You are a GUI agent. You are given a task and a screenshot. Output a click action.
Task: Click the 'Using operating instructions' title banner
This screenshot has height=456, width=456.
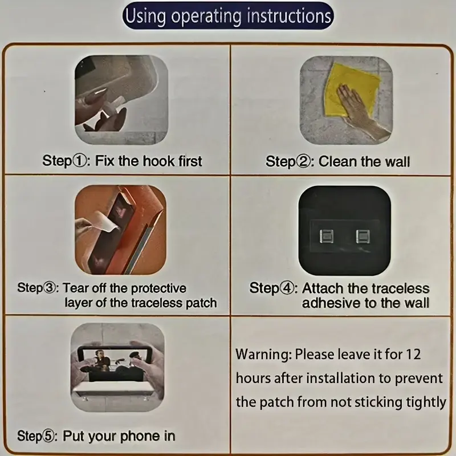(227, 15)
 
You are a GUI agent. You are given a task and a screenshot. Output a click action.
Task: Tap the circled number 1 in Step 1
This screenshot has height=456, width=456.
(79, 161)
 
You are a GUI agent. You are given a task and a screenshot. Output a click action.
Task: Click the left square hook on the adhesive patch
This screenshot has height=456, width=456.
(326, 236)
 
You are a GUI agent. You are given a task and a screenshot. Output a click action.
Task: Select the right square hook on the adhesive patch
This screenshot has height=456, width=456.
(363, 236)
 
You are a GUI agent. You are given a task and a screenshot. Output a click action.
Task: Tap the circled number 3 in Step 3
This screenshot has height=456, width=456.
(49, 288)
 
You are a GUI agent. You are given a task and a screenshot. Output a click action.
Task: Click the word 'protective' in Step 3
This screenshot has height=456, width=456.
(158, 288)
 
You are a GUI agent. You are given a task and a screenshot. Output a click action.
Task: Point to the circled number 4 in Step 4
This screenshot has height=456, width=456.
(286, 288)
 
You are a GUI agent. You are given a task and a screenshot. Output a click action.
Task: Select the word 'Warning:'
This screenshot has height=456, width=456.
(263, 355)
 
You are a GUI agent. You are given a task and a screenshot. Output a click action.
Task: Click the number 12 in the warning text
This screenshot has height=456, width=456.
(413, 354)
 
